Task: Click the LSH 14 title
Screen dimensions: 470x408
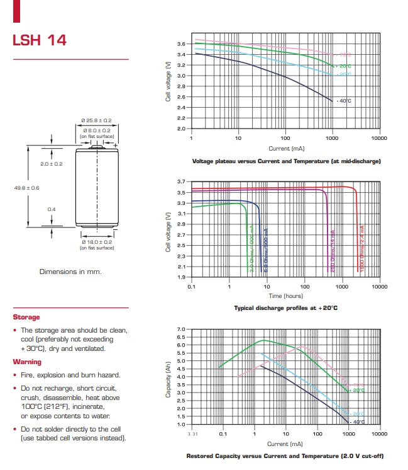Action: (x=40, y=40)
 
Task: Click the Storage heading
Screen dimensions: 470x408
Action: (x=26, y=317)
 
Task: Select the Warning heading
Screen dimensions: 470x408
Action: (x=27, y=362)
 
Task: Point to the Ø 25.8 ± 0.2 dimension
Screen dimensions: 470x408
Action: (x=96, y=120)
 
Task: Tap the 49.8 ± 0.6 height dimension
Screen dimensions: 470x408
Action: (x=27, y=188)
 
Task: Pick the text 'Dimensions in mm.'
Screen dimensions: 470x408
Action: (x=70, y=272)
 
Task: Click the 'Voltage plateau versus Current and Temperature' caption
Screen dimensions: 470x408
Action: (x=286, y=161)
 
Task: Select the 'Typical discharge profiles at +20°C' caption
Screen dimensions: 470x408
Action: (x=286, y=308)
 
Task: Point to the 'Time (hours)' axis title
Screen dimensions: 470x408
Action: (x=286, y=295)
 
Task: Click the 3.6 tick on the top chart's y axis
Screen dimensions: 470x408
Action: (x=181, y=44)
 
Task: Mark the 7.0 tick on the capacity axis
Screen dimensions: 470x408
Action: (x=181, y=330)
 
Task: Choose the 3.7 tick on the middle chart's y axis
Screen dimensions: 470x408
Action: (x=181, y=181)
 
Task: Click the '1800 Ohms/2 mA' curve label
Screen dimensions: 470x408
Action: (x=362, y=248)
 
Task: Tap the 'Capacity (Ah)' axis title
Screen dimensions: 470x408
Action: (x=168, y=377)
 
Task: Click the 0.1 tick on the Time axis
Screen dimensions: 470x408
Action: (x=192, y=286)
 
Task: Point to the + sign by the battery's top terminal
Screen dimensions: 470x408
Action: (x=116, y=146)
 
